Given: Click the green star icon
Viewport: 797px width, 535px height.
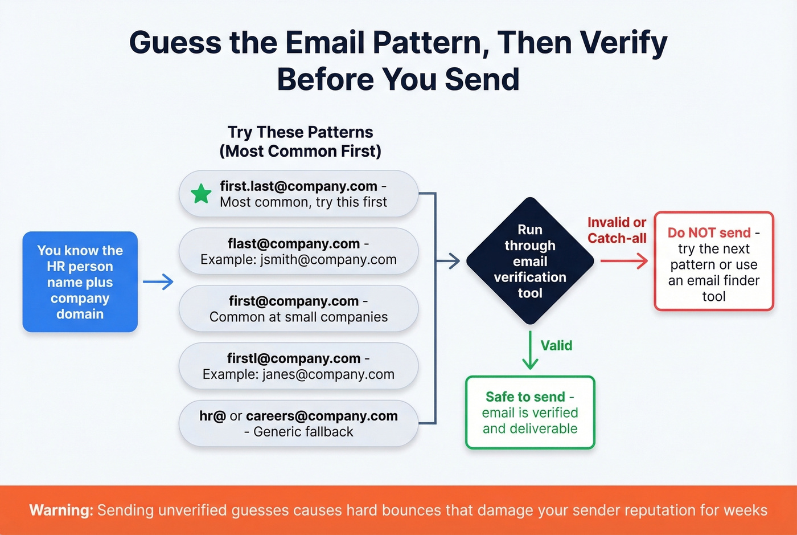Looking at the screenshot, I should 201,194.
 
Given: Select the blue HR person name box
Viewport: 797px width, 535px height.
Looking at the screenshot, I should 80,282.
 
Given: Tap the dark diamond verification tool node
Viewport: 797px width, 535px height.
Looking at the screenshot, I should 530,261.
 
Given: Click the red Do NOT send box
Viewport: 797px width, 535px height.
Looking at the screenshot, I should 714,262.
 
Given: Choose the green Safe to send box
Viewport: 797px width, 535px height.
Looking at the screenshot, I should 530,413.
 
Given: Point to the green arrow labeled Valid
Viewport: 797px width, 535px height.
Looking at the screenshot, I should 530,350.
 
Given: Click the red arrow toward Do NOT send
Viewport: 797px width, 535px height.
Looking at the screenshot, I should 625,261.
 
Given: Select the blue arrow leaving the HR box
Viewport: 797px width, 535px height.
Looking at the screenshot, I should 158,281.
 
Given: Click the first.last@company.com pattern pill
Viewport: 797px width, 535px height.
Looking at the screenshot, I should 299,194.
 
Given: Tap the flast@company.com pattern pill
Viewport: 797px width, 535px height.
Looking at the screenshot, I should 299,252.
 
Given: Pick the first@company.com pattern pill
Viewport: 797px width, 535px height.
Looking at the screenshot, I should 299,309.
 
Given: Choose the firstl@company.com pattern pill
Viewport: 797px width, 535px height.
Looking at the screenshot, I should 299,366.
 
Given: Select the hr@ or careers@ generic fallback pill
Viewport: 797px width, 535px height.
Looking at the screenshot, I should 299,424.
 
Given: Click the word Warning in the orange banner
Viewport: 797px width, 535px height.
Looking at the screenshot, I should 61,510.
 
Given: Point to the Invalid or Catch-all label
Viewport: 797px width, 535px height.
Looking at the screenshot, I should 617,230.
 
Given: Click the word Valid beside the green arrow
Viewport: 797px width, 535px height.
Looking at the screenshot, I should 556,345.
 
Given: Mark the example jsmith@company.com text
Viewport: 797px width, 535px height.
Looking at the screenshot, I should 329,260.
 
